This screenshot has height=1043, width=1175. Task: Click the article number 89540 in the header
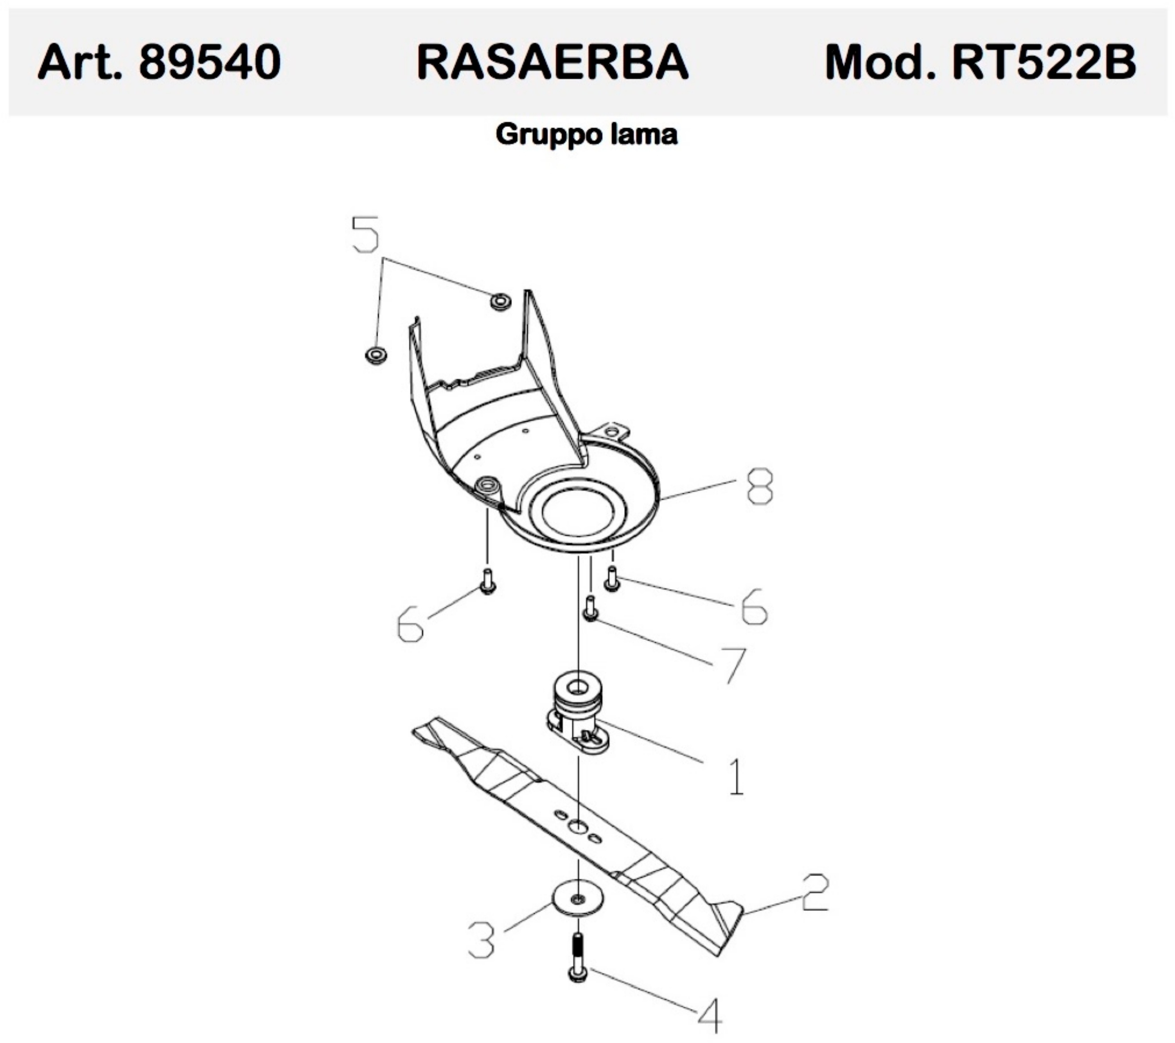pyautogui.click(x=209, y=62)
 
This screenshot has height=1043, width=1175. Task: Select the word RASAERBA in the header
pyautogui.click(x=552, y=62)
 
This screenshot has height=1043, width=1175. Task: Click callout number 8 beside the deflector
pyautogui.click(x=759, y=486)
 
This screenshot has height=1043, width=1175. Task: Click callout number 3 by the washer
pyautogui.click(x=482, y=939)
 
